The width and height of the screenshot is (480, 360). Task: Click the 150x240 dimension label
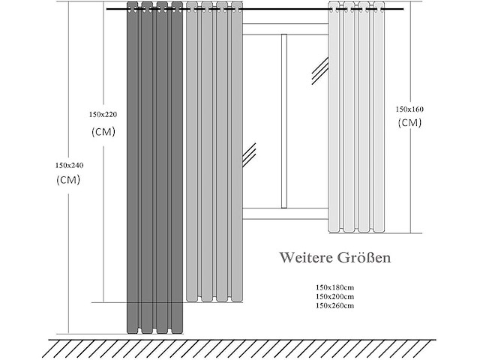pos(69,166)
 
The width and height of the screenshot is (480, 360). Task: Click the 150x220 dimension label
pos(103,115)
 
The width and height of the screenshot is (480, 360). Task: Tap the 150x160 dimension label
pos(409,109)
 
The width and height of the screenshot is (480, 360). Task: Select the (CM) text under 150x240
pos(68,180)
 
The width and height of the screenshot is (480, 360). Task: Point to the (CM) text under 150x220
pos(103,132)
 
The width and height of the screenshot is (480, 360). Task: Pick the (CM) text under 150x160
pos(410,123)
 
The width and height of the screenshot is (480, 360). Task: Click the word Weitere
pos(306,258)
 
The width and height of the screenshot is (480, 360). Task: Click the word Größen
pos(364,258)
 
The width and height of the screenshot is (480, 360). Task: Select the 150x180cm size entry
pos(335,287)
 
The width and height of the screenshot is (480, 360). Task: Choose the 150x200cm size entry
pos(335,297)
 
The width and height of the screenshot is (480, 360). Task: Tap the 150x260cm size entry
pos(335,305)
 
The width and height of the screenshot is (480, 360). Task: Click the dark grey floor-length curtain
pos(155,168)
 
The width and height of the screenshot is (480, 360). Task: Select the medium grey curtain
pos(214,151)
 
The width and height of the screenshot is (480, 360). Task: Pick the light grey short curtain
pos(357,117)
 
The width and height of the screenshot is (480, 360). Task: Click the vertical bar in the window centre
pos(284,121)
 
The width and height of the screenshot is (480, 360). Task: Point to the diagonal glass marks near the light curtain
pos(320,70)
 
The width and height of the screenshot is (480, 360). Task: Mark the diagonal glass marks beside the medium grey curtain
pos(249,155)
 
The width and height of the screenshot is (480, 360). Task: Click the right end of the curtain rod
pos(403,9)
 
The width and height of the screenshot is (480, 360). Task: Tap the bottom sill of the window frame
pos(285,214)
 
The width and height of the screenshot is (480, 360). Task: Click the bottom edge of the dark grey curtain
pos(155,333)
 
